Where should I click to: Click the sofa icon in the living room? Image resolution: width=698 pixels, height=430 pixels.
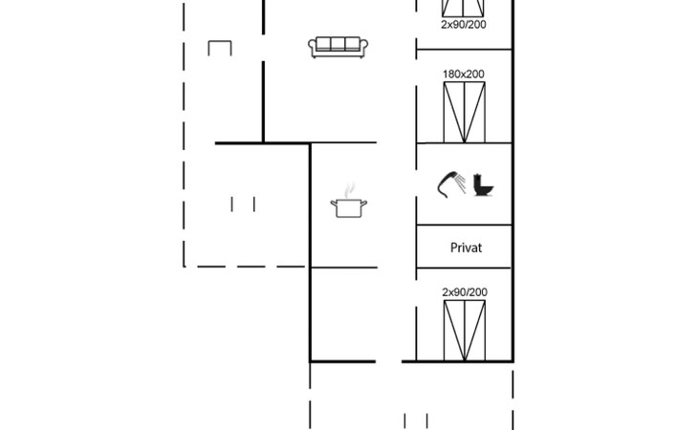coord(338,47)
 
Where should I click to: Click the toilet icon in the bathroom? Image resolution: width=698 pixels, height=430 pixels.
coord(483,185)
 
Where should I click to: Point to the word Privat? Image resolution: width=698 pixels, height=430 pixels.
coord(466,247)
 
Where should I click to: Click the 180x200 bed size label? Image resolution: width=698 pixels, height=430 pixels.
coord(464,75)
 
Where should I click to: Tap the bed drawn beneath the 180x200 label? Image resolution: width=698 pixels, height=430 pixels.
coord(465,112)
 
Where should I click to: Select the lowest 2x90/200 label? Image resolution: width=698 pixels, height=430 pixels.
coord(465,292)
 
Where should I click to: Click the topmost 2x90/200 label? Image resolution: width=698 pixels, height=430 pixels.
coord(464,25)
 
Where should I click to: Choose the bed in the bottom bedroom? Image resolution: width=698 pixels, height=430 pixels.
coord(465,331)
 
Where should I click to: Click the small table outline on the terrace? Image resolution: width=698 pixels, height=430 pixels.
coord(220,41)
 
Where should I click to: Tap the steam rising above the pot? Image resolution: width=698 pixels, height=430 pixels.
coord(350,190)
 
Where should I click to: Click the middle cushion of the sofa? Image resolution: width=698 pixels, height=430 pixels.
coord(338,43)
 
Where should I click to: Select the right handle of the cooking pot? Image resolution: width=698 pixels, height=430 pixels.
coord(363,204)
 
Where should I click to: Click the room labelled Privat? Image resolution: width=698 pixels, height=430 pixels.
coord(464,247)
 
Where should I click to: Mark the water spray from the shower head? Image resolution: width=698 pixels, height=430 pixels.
coord(460,183)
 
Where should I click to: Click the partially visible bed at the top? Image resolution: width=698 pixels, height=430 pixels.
coord(463,9)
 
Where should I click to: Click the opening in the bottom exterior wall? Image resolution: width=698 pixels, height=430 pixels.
coord(388,361)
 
